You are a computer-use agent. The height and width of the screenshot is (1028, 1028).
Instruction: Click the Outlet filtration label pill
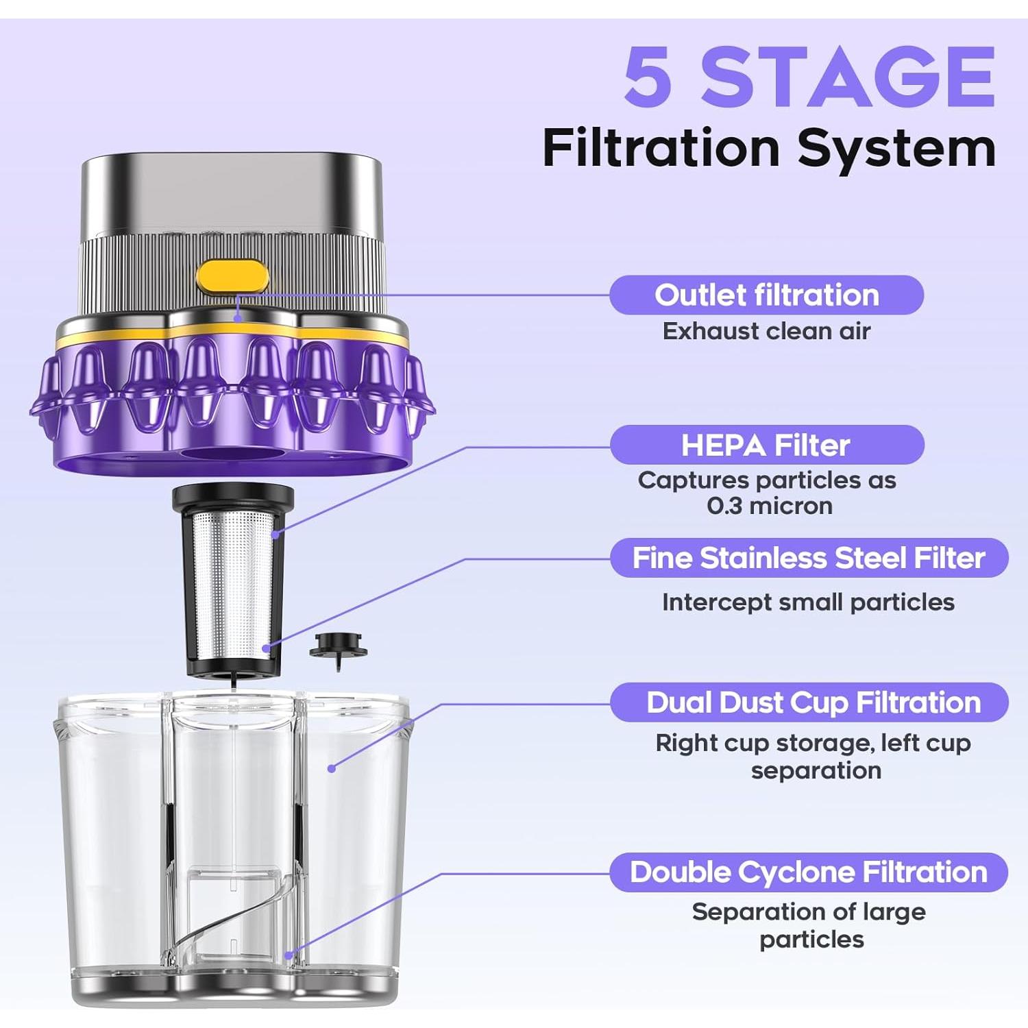tap(766, 295)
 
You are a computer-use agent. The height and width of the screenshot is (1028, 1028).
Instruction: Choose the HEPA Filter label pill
tap(767, 445)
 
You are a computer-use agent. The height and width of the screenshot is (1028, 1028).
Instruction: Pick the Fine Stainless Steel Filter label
tap(809, 558)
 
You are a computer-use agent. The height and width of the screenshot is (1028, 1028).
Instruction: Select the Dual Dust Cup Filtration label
tap(809, 702)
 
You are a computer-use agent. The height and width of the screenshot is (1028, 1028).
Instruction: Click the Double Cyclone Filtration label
tap(809, 872)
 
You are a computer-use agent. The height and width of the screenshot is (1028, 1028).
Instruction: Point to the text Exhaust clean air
tap(766, 332)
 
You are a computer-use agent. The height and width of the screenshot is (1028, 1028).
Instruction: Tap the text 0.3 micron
tap(770, 506)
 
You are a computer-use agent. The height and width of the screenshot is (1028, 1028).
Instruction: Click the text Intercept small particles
tap(808, 602)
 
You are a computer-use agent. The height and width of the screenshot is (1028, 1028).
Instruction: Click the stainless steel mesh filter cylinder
tap(233, 583)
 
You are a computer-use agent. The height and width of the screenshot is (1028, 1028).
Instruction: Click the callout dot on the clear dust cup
tap(332, 769)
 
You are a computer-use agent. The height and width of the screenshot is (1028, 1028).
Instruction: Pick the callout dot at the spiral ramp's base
tap(289, 955)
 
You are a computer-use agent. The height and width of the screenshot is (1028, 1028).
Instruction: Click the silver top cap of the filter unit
tap(232, 195)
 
